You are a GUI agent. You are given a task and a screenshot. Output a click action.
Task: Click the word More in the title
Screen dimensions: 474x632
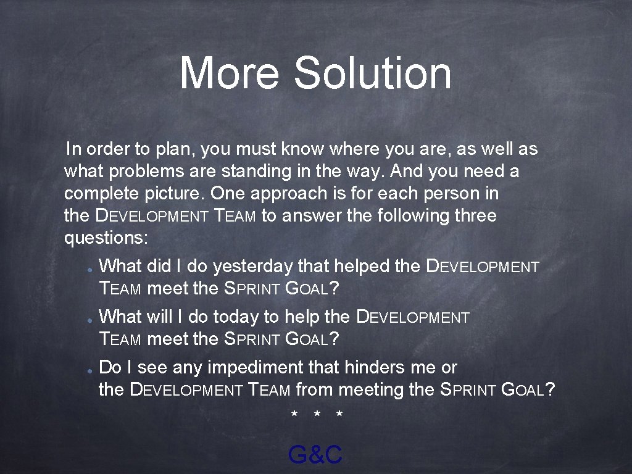229,73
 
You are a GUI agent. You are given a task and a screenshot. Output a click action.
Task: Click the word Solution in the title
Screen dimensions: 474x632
373,73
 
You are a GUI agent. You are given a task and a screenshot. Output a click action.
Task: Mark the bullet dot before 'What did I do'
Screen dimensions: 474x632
89,270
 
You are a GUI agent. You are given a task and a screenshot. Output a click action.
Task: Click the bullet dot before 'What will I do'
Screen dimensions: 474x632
89,321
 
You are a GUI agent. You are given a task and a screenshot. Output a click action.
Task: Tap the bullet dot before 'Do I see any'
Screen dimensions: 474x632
89,372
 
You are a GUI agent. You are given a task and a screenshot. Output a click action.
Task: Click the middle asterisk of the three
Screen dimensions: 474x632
317,414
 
